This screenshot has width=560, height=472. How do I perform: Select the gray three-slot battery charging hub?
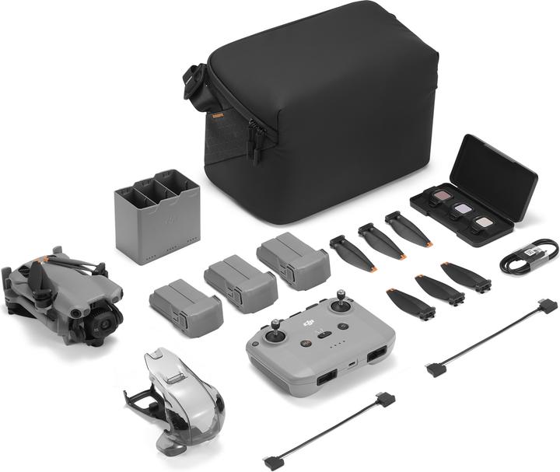coord(156,214)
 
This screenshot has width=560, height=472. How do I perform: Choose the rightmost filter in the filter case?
coord(485,222)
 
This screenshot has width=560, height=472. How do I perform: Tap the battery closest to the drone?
coord(186,306)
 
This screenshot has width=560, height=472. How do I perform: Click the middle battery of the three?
coord(240,282)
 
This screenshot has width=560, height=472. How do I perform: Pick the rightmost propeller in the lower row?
coord(466,277)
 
